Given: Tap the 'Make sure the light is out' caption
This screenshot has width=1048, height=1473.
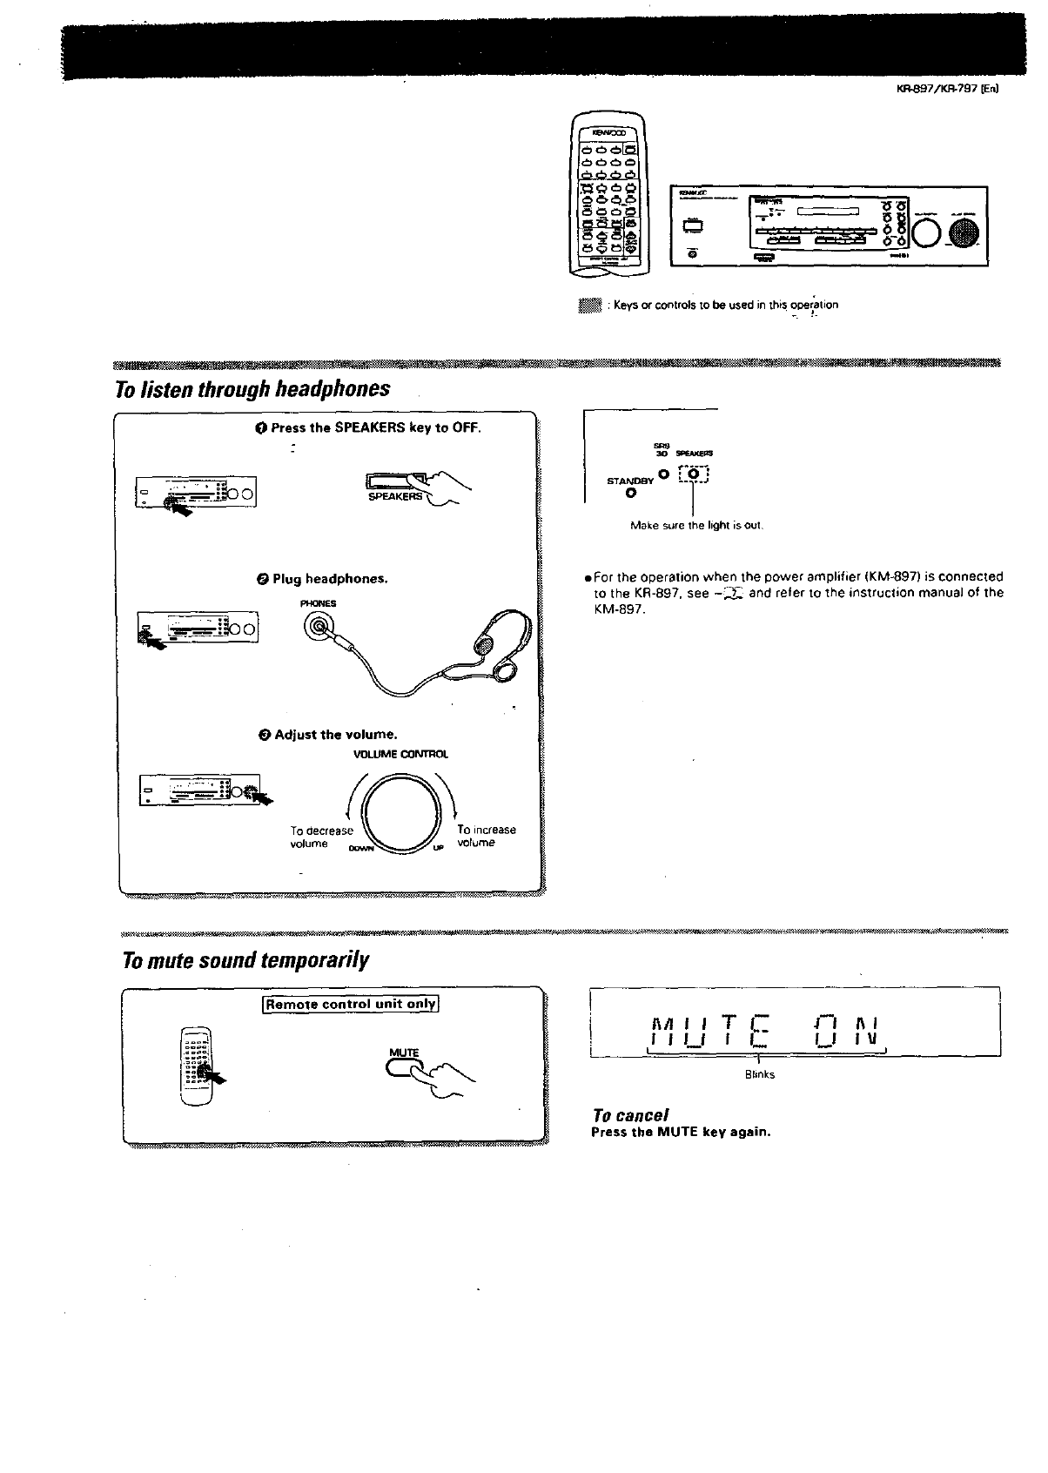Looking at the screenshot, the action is click(696, 526).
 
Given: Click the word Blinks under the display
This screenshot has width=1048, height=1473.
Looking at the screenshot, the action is click(759, 1074).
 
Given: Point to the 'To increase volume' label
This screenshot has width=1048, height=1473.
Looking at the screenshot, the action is click(486, 836).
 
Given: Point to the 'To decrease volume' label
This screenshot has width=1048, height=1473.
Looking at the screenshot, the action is click(321, 837).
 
